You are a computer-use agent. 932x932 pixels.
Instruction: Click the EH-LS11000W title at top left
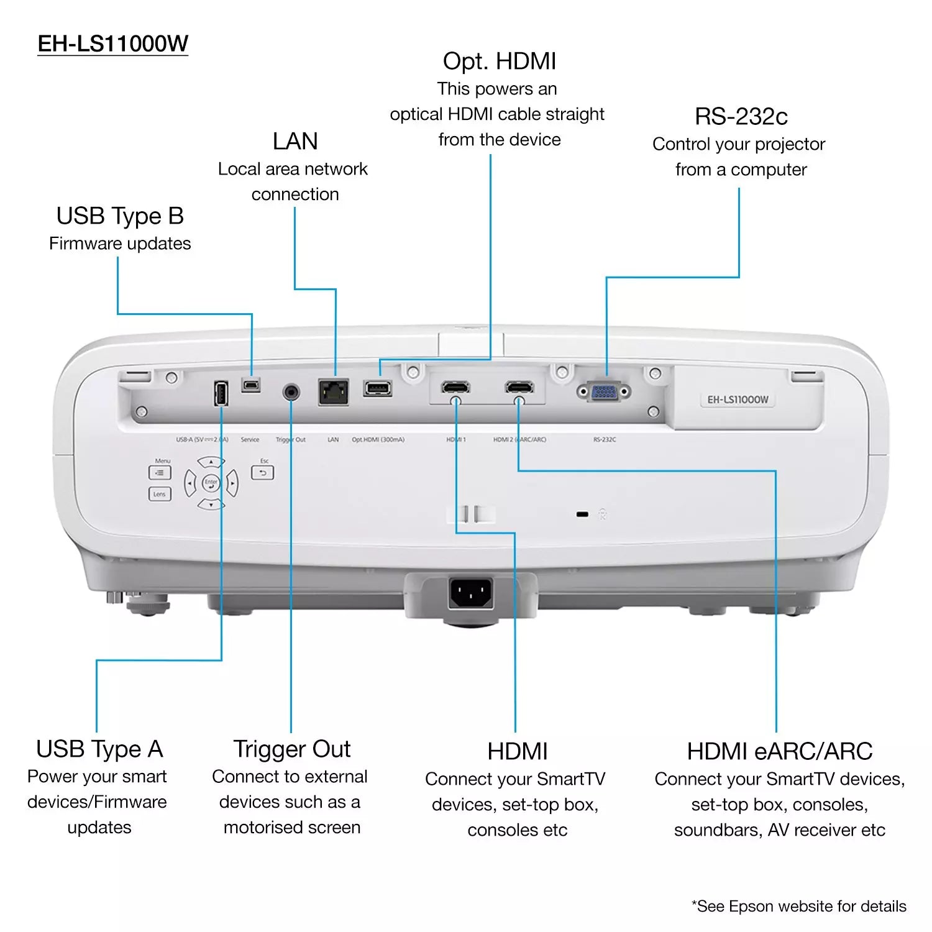tap(112, 43)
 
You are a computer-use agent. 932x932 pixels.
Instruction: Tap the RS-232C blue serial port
tap(603, 392)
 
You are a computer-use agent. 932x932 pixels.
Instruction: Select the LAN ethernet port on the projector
tap(334, 392)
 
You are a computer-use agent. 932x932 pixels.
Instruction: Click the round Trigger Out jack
tap(291, 392)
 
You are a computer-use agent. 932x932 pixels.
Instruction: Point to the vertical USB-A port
tap(221, 393)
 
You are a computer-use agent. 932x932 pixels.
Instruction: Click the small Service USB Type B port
tap(251, 385)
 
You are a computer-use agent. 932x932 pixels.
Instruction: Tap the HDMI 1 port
tap(455, 388)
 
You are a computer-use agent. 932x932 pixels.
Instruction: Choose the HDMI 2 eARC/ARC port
tap(519, 388)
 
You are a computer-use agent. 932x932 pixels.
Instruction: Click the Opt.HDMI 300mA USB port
tap(378, 389)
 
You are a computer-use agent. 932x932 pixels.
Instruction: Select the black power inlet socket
tap(470, 593)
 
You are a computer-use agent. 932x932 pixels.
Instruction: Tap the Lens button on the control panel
tap(160, 494)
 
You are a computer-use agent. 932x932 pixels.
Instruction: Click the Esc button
tap(262, 473)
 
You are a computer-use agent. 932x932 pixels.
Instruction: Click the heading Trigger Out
tap(291, 749)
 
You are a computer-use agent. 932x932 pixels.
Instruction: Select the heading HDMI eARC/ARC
tap(779, 752)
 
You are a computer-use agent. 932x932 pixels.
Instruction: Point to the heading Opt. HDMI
tap(499, 62)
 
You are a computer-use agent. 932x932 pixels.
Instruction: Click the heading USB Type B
tap(120, 216)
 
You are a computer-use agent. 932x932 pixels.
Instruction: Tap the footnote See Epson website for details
tap(798, 907)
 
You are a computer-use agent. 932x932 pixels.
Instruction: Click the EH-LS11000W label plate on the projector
tap(738, 400)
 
